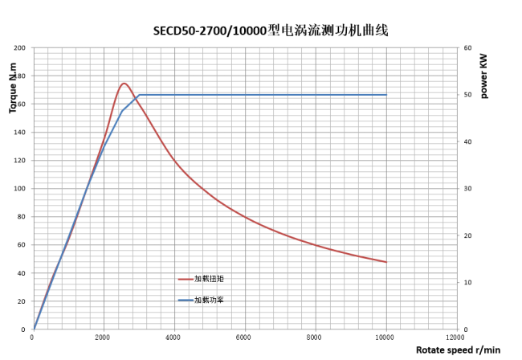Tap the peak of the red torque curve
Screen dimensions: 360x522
pyautogui.click(x=124, y=83)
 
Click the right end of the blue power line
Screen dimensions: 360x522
pyautogui.click(x=386, y=95)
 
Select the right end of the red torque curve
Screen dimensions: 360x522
pyautogui.click(x=386, y=262)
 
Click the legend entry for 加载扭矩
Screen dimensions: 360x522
pyautogui.click(x=207, y=279)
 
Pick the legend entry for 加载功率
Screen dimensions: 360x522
pyautogui.click(x=207, y=300)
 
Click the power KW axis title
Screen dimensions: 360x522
pyautogui.click(x=484, y=77)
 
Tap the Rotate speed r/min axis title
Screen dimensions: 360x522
pyautogui.click(x=458, y=350)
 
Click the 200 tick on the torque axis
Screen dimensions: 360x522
pyautogui.click(x=19, y=48)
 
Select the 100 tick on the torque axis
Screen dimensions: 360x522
pyautogui.click(x=19, y=189)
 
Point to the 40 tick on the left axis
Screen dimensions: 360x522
pyautogui.click(x=22, y=273)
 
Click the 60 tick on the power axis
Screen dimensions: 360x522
pyautogui.click(x=466, y=48)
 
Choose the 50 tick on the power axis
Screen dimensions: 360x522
pyautogui.click(x=466, y=95)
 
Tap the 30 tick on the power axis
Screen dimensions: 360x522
pyautogui.click(x=466, y=189)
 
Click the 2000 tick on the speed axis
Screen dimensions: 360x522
pyautogui.click(x=103, y=337)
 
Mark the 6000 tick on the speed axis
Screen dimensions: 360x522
pyautogui.click(x=244, y=337)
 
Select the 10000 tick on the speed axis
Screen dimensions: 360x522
pyautogui.click(x=385, y=337)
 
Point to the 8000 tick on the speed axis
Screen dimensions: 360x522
pyautogui.click(x=315, y=337)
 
